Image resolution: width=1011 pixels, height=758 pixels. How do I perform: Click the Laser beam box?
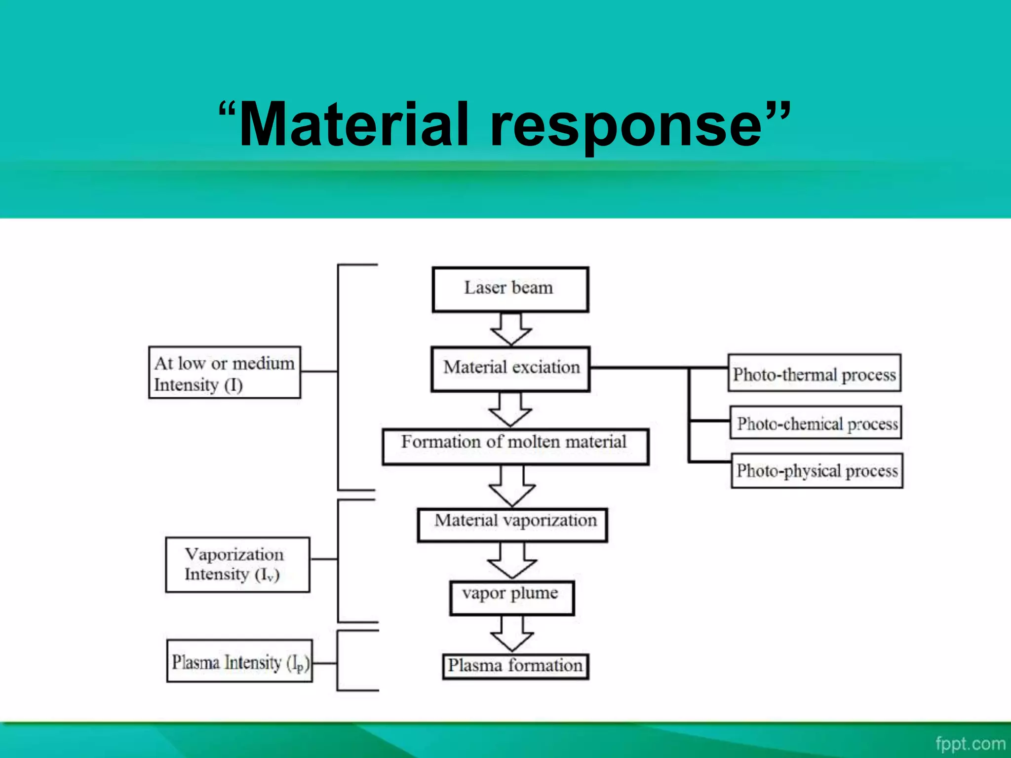pyautogui.click(x=510, y=290)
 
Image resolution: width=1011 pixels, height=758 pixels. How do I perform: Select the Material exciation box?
pyautogui.click(x=510, y=369)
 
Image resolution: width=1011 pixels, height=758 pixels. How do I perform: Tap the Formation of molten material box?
pyautogui.click(x=515, y=446)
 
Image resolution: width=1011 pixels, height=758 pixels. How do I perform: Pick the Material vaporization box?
pyautogui.click(x=512, y=525)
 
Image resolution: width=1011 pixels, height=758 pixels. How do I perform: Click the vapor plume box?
pyautogui.click(x=511, y=598)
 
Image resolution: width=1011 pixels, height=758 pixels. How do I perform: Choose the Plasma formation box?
pyautogui.click(x=515, y=666)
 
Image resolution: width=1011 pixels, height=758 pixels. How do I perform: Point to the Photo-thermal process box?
pyautogui.click(x=814, y=374)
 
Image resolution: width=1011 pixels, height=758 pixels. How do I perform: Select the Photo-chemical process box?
pyautogui.click(x=816, y=423)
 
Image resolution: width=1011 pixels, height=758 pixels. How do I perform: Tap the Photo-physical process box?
pyautogui.click(x=817, y=471)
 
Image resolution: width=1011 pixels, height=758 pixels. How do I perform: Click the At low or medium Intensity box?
pyautogui.click(x=224, y=373)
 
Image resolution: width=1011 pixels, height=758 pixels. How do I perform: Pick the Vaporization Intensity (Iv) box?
pyautogui.click(x=237, y=565)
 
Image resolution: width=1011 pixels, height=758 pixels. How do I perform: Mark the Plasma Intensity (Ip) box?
pyautogui.click(x=239, y=661)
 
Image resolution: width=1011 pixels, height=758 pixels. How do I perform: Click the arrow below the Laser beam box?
pyautogui.click(x=511, y=329)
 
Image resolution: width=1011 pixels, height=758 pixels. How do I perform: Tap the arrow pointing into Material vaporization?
pyautogui.click(x=512, y=486)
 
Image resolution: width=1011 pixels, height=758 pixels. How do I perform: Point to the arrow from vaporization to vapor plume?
pyautogui.click(x=512, y=561)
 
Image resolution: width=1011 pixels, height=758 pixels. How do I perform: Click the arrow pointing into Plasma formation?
pyautogui.click(x=512, y=634)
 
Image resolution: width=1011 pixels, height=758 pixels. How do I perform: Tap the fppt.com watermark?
pyautogui.click(x=970, y=743)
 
